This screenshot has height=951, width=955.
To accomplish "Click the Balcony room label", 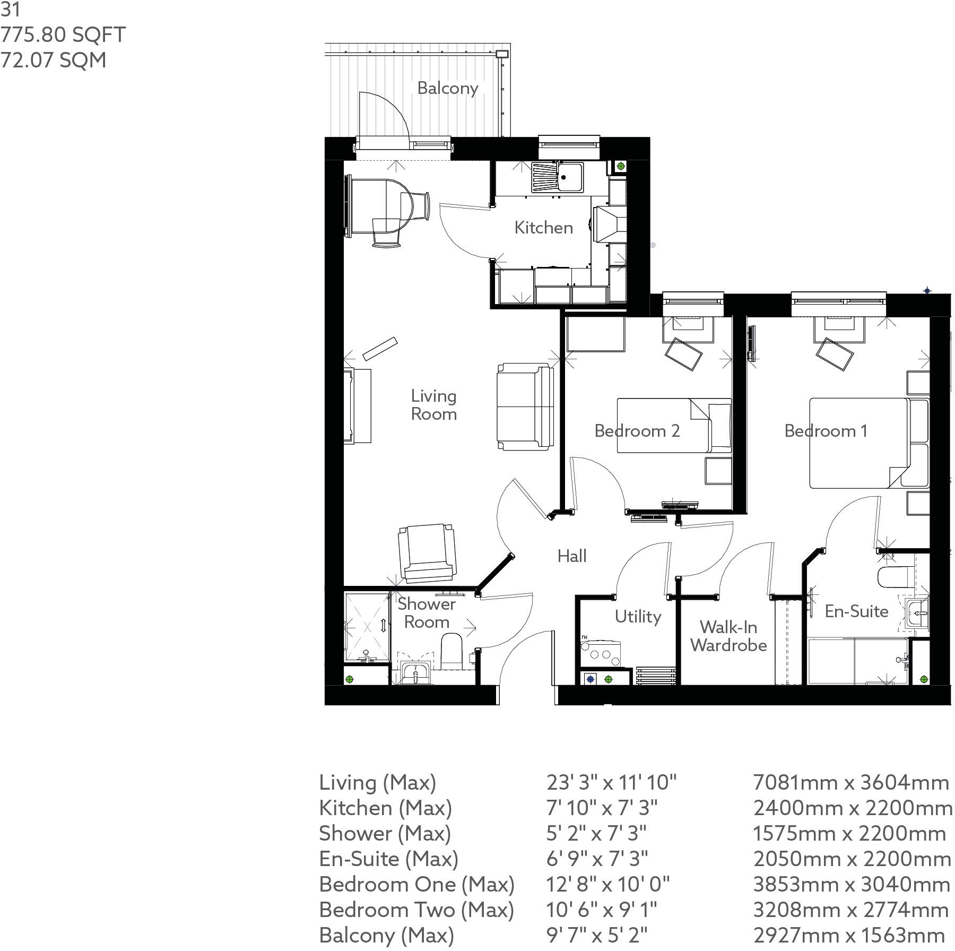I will (x=447, y=88).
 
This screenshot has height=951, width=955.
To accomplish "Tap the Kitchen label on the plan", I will (x=543, y=228).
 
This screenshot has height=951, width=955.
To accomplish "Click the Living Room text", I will (x=433, y=405).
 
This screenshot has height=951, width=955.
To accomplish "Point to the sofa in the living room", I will (x=525, y=407).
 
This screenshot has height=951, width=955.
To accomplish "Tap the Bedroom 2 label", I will (x=637, y=430).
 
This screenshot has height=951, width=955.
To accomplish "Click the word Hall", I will (x=571, y=556).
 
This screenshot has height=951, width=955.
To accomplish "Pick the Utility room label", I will (x=638, y=617).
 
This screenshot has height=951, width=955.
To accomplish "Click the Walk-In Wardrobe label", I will (x=728, y=636).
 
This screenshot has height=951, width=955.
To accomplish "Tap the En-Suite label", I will (x=856, y=611).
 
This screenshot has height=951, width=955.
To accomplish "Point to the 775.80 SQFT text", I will (x=63, y=35).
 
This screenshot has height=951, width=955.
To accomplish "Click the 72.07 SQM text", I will (x=53, y=60).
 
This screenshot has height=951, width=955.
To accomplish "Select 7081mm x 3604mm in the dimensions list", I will (x=850, y=782).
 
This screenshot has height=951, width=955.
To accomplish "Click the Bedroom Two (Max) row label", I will (x=416, y=910).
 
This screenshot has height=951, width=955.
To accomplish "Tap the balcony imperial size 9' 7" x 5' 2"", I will (x=597, y=935).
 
